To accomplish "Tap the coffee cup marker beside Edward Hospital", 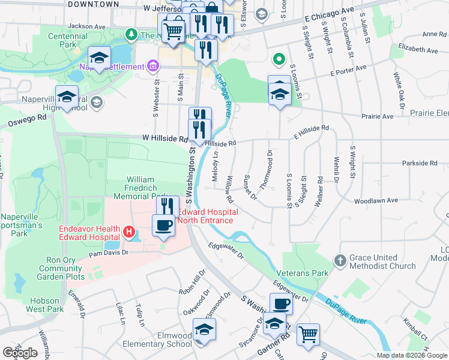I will [163, 226].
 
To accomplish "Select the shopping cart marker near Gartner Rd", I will [308, 334].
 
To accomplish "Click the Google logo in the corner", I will [20, 353].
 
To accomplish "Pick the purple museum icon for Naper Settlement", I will [152, 65].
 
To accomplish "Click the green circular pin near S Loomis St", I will [278, 59].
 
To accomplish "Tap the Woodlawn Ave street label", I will [376, 201].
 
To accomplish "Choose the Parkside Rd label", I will [420, 163].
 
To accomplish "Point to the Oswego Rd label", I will [27, 121].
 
